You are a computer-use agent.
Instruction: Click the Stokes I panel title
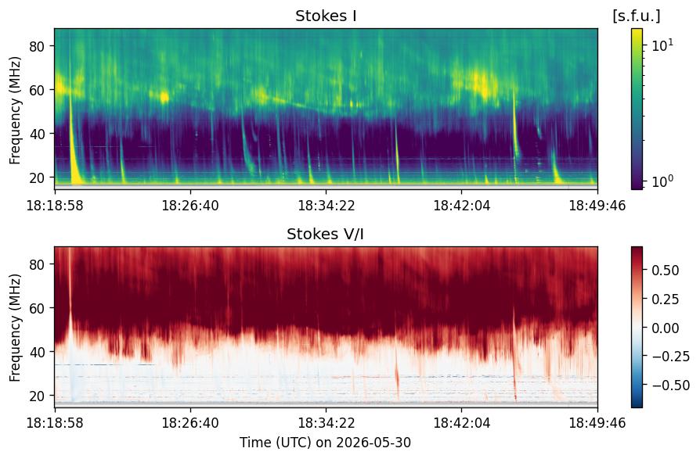[326, 16]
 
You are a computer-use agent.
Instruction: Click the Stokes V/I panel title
[326, 234]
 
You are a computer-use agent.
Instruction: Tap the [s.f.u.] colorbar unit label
[636, 16]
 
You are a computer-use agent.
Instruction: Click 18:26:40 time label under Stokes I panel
[190, 206]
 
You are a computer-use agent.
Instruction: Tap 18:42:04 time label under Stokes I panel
[462, 206]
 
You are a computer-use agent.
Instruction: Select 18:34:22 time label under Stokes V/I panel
[326, 422]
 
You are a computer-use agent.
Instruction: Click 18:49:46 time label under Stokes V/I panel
[597, 422]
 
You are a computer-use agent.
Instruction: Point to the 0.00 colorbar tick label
[666, 328]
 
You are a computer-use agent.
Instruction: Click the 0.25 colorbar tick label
[666, 299]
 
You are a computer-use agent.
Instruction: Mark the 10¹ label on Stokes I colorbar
[662, 45]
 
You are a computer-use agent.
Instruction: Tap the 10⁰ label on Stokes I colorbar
[662, 181]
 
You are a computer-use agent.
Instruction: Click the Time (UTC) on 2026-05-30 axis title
[326, 443]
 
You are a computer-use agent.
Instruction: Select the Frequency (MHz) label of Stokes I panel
[15, 110]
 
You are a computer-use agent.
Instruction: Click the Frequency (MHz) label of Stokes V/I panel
[15, 328]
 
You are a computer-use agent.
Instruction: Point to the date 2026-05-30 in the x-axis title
[373, 443]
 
